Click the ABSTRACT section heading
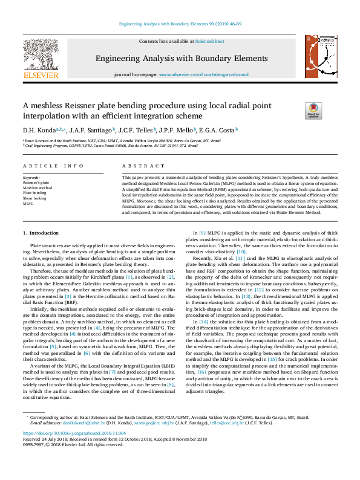(136, 165)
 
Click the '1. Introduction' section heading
(41, 233)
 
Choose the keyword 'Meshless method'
(38, 187)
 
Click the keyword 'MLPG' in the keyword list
(28, 203)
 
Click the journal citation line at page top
(180, 24)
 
